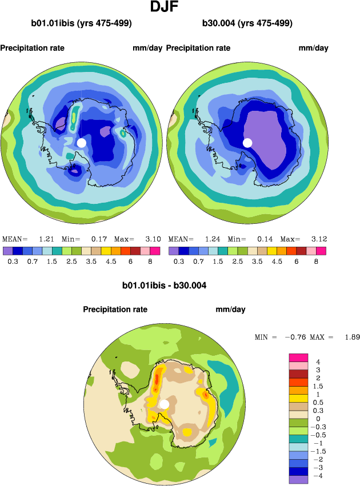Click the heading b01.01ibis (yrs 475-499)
82,23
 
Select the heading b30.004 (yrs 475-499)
247,23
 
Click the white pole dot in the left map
81,142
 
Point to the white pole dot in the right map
247,142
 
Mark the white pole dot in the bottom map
165,404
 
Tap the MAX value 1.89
352,338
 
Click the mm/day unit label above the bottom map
230,310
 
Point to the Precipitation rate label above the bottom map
115,310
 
